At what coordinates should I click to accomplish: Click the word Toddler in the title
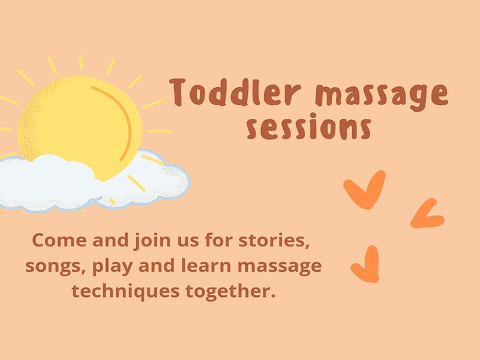(235, 92)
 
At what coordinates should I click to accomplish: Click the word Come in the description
(59, 241)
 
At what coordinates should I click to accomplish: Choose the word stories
(274, 241)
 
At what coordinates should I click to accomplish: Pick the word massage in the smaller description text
(280, 267)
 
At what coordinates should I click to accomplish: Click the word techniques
(125, 292)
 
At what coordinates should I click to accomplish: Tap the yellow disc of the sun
(80, 122)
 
